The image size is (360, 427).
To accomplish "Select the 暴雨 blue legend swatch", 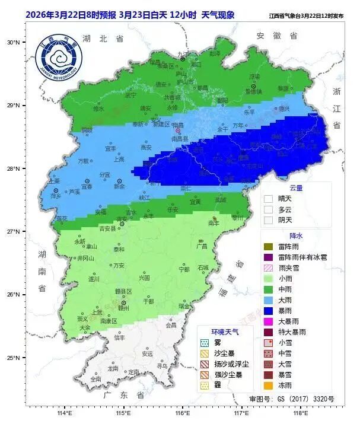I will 268,309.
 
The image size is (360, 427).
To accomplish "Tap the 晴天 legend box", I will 268,199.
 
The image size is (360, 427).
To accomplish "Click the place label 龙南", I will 113,368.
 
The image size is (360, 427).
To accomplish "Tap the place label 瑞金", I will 184,307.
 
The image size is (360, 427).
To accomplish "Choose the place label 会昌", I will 171,325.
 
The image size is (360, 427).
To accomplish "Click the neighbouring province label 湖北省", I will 103,38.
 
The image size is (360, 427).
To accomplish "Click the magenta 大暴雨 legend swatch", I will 268,321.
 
